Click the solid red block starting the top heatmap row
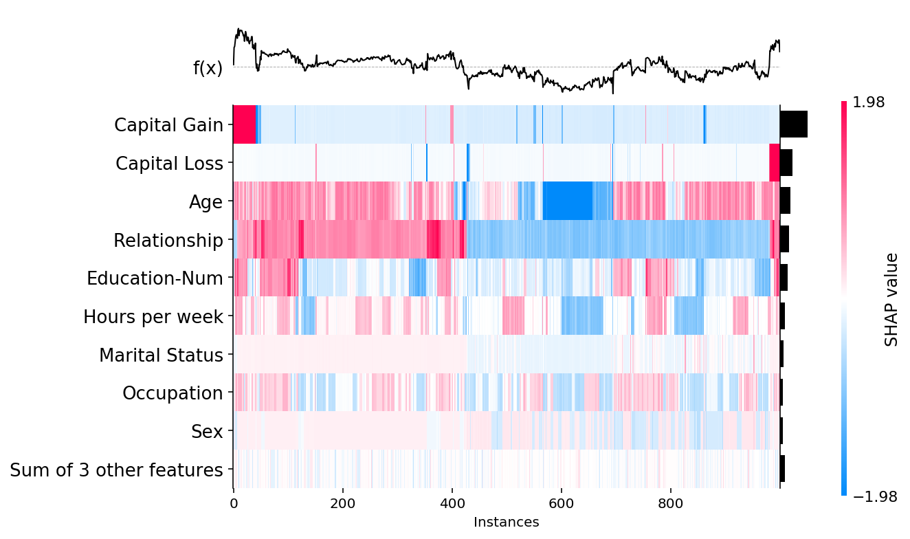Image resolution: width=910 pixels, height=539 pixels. click(244, 124)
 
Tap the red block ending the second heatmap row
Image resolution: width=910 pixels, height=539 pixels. click(774, 162)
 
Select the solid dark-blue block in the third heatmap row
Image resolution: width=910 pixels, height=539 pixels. click(567, 201)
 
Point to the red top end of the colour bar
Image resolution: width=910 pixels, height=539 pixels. click(844, 105)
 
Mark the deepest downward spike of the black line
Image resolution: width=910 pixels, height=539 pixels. click(613, 92)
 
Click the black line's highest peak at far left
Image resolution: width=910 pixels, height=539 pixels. click(238, 29)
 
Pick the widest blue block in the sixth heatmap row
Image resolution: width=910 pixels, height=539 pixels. click(582, 316)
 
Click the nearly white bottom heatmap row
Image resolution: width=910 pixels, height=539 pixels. click(506, 469)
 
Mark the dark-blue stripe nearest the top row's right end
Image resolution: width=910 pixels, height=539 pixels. click(704, 124)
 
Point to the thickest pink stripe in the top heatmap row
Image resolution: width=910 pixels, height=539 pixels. click(452, 124)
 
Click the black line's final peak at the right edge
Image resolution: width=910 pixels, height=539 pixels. click(777, 41)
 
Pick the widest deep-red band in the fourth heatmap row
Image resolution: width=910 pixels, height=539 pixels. click(434, 239)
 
